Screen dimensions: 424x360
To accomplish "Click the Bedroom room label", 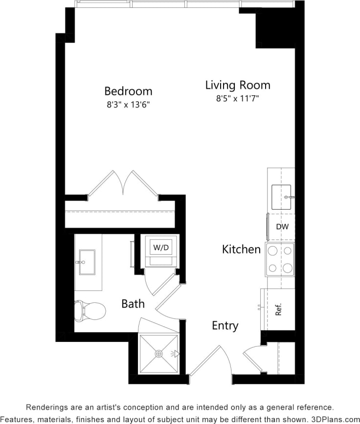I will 128,91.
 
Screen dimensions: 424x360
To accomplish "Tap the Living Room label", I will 237,85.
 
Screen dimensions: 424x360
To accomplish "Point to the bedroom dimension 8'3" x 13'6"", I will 128,105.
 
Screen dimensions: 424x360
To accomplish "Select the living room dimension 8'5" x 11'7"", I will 237,98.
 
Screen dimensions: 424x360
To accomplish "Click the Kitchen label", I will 241,249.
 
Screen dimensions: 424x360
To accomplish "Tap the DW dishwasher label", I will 281,226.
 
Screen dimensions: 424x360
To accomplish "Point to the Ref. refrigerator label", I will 279,310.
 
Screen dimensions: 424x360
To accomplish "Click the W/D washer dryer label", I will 161,247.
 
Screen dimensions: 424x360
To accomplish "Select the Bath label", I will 133,304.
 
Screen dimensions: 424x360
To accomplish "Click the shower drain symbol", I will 158,354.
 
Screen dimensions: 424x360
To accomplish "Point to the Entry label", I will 225,326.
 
